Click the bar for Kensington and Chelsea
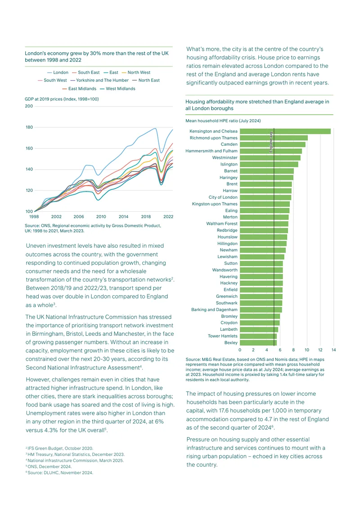click(x=285, y=131)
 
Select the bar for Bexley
click(x=258, y=343)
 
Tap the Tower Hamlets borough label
click(x=222, y=336)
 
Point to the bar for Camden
click(x=272, y=144)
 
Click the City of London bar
click(x=265, y=197)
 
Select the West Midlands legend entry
click(x=117, y=89)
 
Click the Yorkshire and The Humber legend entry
click(x=99, y=80)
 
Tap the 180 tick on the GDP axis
click(x=29, y=127)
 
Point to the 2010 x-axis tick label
click(x=101, y=217)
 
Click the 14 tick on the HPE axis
click(x=334, y=350)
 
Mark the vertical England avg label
click(x=271, y=142)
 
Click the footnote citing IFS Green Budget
click(x=59, y=448)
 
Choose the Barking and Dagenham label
click(x=214, y=310)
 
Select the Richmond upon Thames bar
click(x=274, y=138)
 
